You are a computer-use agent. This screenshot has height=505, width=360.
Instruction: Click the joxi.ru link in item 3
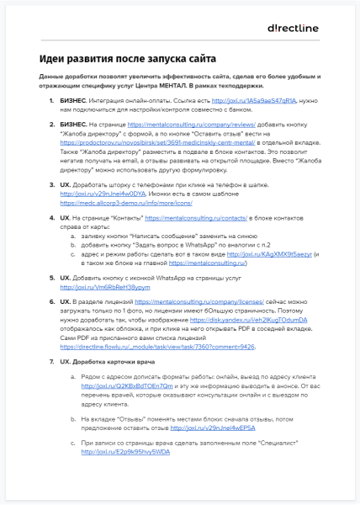click(x=97, y=169)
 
